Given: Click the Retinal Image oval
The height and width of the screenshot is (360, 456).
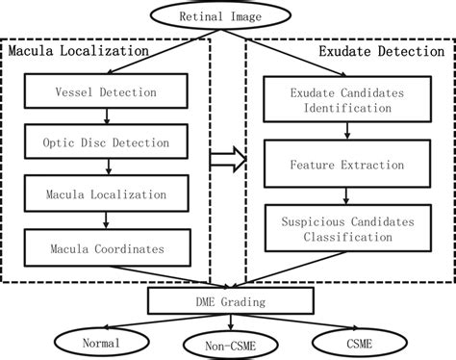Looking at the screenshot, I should point(227,15).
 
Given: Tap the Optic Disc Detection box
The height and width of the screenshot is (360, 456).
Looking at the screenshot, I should point(107,143).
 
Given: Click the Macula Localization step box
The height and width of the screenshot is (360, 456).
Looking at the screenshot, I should point(107,193).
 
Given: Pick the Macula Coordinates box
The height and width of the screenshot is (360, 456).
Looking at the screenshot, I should point(107,249).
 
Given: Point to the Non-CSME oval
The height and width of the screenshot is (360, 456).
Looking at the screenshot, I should point(228,343).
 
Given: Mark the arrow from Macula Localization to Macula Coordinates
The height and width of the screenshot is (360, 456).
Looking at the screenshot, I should point(107,220).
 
